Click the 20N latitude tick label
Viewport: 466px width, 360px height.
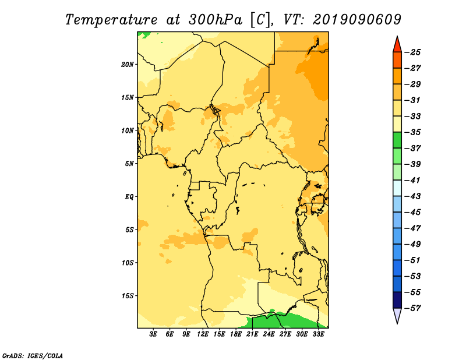[x=128, y=65]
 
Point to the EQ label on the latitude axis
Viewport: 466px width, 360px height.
[x=129, y=197]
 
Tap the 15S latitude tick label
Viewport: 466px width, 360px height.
[x=128, y=296]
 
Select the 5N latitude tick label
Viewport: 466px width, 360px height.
[x=129, y=164]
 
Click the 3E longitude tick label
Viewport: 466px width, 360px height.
[x=153, y=334]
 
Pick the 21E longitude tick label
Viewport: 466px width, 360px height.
[x=252, y=334]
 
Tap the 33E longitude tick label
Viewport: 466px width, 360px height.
[x=318, y=334]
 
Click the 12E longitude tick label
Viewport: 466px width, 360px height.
[x=202, y=334]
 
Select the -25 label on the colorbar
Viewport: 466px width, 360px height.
[x=412, y=52]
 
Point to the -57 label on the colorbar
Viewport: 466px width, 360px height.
[x=412, y=308]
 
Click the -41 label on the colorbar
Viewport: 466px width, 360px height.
[x=412, y=181]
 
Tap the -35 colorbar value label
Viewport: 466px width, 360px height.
[x=412, y=132]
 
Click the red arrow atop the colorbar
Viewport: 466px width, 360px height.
[x=397, y=45]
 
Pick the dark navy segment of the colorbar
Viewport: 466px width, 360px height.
[x=397, y=300]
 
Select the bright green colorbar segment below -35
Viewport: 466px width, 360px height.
[x=397, y=140]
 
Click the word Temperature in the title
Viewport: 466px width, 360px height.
[x=111, y=20]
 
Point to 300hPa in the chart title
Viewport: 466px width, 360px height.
[x=215, y=20]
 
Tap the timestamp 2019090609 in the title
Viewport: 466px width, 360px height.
[x=357, y=19]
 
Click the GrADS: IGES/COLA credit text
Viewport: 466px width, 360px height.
[x=33, y=355]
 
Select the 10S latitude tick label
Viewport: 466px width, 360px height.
[x=128, y=263]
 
